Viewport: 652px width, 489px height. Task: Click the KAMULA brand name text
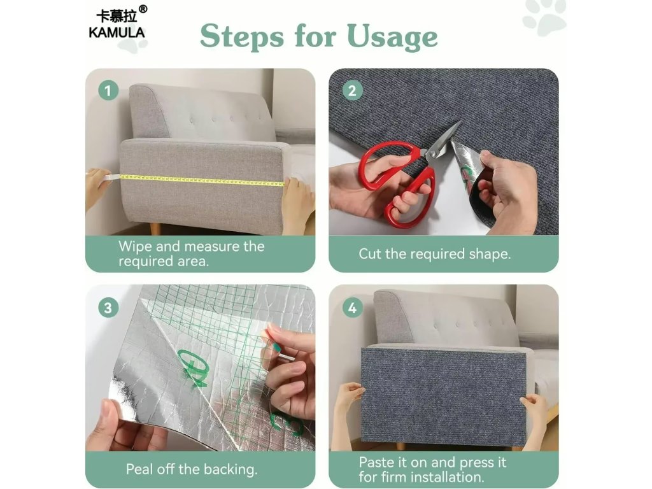(117, 32)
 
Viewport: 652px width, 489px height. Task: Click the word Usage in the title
(392, 37)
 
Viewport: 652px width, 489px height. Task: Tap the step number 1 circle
(108, 90)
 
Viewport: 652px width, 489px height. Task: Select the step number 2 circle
(352, 90)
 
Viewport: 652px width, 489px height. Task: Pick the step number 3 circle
(108, 308)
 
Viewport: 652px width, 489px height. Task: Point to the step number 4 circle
(352, 308)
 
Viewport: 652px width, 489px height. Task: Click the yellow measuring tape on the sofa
(202, 180)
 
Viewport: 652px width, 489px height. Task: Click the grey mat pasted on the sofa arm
(443, 395)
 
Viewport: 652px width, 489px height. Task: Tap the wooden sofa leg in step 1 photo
(155, 229)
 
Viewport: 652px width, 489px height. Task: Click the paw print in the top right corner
(545, 17)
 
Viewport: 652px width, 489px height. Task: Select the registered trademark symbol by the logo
(142, 9)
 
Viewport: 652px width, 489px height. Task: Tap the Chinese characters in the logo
(117, 17)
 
